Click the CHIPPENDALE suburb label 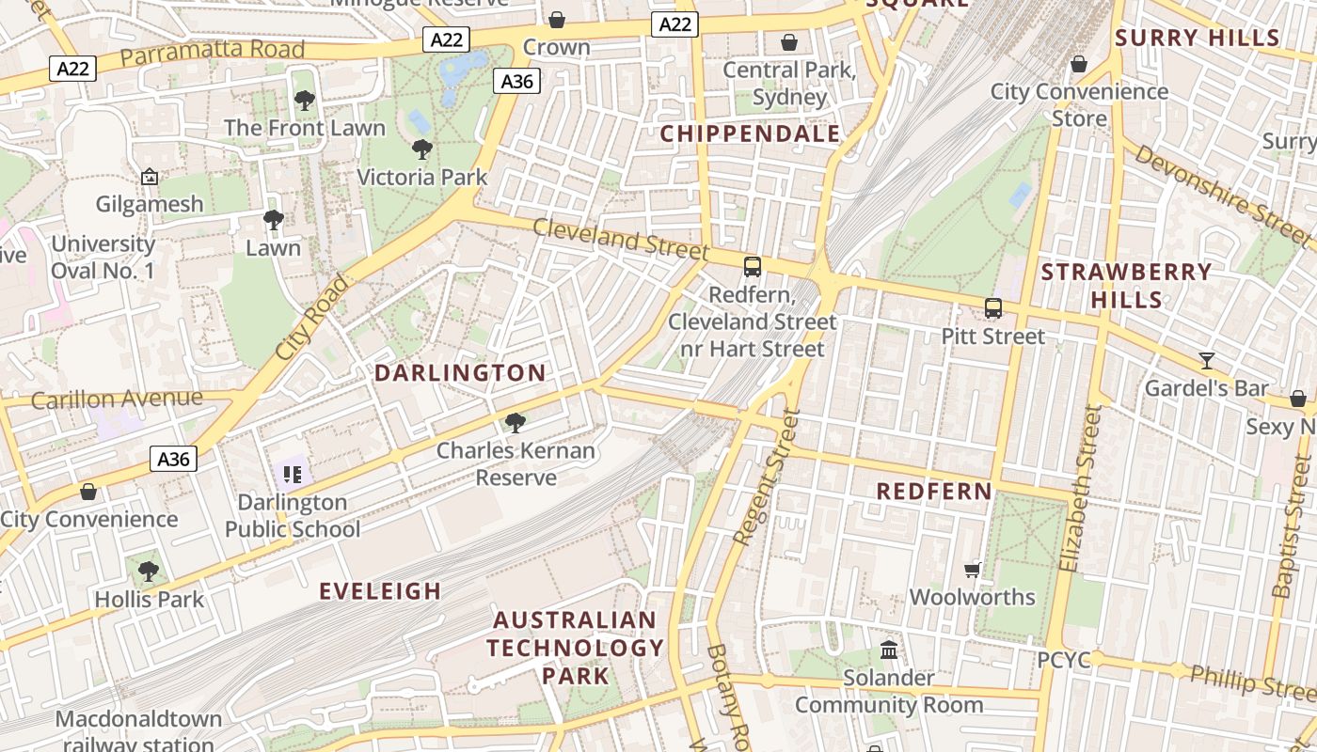click(750, 134)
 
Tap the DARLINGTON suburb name click(460, 373)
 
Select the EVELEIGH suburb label click(380, 591)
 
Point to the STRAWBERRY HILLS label click(1126, 286)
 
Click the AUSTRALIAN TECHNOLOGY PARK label click(575, 648)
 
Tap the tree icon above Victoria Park click(422, 149)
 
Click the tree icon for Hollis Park click(148, 571)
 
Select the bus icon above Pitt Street click(993, 308)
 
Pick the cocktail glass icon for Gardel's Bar click(1207, 360)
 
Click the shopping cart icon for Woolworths click(973, 570)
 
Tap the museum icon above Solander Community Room click(889, 650)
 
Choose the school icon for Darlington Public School click(292, 475)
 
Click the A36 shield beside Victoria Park click(517, 82)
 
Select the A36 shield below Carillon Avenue click(173, 460)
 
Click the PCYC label click(1064, 661)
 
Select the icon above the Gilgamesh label click(149, 177)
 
